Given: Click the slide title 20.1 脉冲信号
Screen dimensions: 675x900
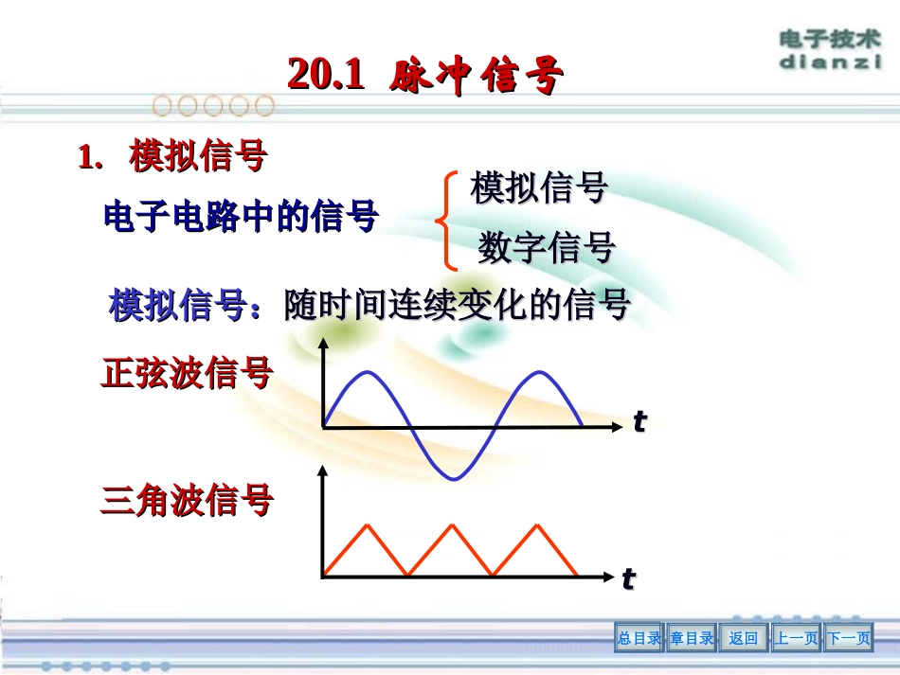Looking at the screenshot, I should click(x=425, y=75).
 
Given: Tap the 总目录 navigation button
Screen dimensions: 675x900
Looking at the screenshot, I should click(x=639, y=639).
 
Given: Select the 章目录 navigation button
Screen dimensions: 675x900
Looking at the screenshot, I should click(x=692, y=639).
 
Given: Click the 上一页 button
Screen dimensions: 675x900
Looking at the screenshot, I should click(x=796, y=639).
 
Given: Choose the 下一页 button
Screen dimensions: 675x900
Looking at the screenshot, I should click(x=848, y=639).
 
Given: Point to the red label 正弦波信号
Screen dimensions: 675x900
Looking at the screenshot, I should click(x=187, y=374).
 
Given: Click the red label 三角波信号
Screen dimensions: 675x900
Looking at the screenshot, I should click(x=187, y=500).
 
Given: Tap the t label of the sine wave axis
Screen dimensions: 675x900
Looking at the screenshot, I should click(x=639, y=422).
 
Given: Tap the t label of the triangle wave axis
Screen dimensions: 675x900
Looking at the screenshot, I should click(x=628, y=578).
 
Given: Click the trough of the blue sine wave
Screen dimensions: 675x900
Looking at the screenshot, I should click(x=453, y=478).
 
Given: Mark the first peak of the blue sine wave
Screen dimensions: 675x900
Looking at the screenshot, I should click(x=366, y=373).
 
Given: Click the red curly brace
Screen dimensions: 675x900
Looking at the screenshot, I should click(x=442, y=220).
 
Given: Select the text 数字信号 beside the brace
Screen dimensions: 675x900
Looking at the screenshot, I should click(x=547, y=248).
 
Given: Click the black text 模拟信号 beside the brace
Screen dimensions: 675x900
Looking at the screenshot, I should click(x=539, y=188).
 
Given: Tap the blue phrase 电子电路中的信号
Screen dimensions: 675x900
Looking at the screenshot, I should click(x=241, y=217).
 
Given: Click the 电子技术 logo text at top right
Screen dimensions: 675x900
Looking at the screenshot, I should click(x=830, y=40).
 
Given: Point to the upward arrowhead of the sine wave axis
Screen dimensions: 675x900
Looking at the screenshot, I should click(x=324, y=342).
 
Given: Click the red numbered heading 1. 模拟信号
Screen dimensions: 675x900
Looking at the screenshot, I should click(x=172, y=157).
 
